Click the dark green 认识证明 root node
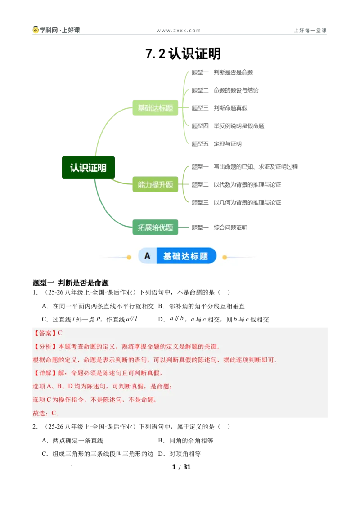tap(88, 168)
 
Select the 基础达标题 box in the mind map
tap(155, 108)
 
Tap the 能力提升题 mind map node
tap(155, 185)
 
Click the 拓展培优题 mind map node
tap(155, 228)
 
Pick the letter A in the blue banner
tap(147, 256)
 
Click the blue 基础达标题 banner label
tap(185, 256)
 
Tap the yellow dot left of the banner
tap(129, 257)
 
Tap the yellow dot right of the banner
tap(225, 257)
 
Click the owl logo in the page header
tap(36, 31)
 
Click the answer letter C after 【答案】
tap(60, 333)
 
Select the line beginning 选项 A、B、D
tap(102, 386)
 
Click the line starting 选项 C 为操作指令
tap(94, 400)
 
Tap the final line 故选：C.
tap(45, 413)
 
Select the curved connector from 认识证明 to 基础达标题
tap(104, 126)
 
